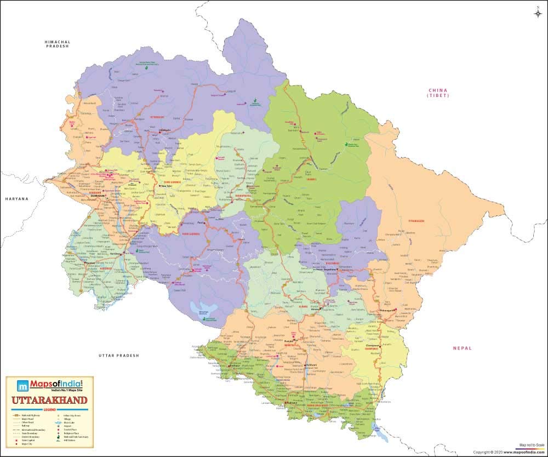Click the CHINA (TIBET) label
[x=438, y=93]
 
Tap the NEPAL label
[x=463, y=348]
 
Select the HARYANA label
[x=17, y=199]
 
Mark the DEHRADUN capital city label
[x=97, y=193]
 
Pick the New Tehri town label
[x=165, y=186]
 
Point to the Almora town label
[x=315, y=310]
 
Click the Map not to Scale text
[x=532, y=445]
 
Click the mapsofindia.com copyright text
[x=510, y=452]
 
